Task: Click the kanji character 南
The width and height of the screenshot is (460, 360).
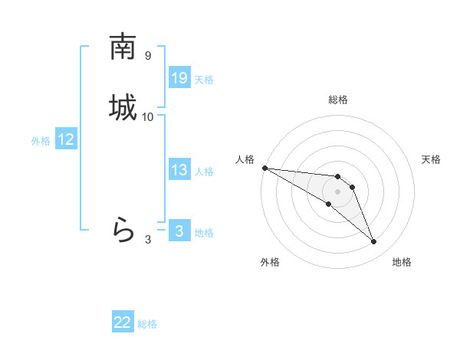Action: point(123,47)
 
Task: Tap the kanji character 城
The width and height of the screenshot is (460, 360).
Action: point(123,107)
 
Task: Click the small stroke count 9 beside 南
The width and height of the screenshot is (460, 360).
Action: point(148,56)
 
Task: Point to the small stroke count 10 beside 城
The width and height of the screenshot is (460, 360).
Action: point(148,116)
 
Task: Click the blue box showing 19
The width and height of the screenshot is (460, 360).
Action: point(179,77)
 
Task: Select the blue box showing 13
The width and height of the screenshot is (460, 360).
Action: point(179,170)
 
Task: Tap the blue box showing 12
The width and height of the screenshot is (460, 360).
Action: point(66,139)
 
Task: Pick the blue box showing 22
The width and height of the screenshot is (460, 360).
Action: point(123,322)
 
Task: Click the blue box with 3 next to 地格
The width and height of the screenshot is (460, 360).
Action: point(179,231)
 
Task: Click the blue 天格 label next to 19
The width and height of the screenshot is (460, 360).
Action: point(204,79)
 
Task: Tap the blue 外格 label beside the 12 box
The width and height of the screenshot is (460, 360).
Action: point(41,140)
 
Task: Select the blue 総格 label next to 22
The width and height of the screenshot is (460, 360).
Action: point(147,324)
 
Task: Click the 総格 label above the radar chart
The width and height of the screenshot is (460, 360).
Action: point(338,100)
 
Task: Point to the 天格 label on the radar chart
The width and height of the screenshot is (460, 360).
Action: point(431,159)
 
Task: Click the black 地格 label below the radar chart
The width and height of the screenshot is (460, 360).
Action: point(402,262)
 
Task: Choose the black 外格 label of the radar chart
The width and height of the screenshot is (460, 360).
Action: point(270,262)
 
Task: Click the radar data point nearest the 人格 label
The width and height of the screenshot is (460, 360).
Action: point(264,168)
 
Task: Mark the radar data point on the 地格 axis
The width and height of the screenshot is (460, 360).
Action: point(373,242)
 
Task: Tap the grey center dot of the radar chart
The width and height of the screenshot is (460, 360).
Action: point(338,191)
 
